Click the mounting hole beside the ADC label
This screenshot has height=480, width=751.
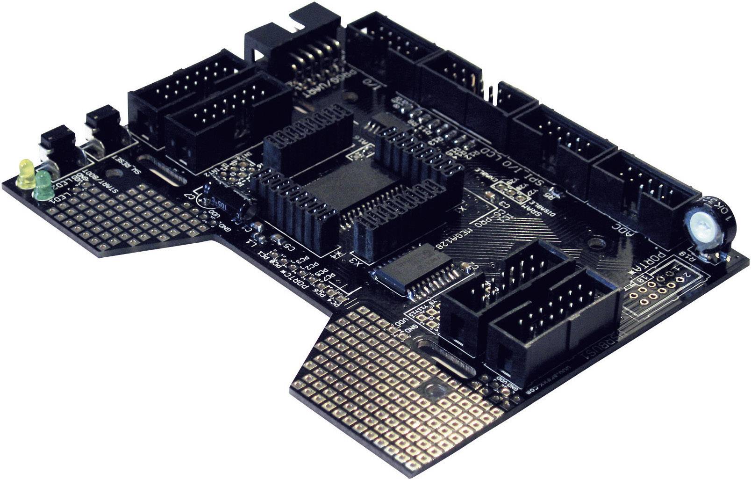pyautogui.click(x=595, y=242)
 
